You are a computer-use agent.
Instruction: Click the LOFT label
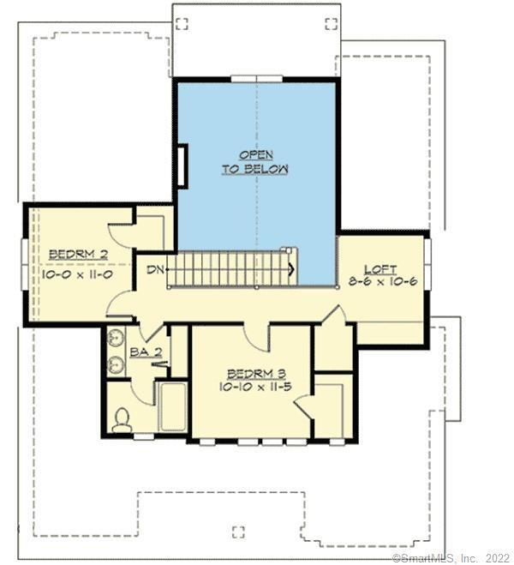click(380, 269)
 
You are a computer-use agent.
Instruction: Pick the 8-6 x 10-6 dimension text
click(384, 281)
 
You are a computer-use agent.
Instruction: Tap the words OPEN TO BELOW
click(255, 162)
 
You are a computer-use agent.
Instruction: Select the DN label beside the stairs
click(155, 270)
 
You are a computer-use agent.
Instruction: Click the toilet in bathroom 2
click(123, 418)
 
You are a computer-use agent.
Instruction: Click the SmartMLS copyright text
click(451, 558)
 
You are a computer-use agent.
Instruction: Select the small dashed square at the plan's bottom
click(238, 529)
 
